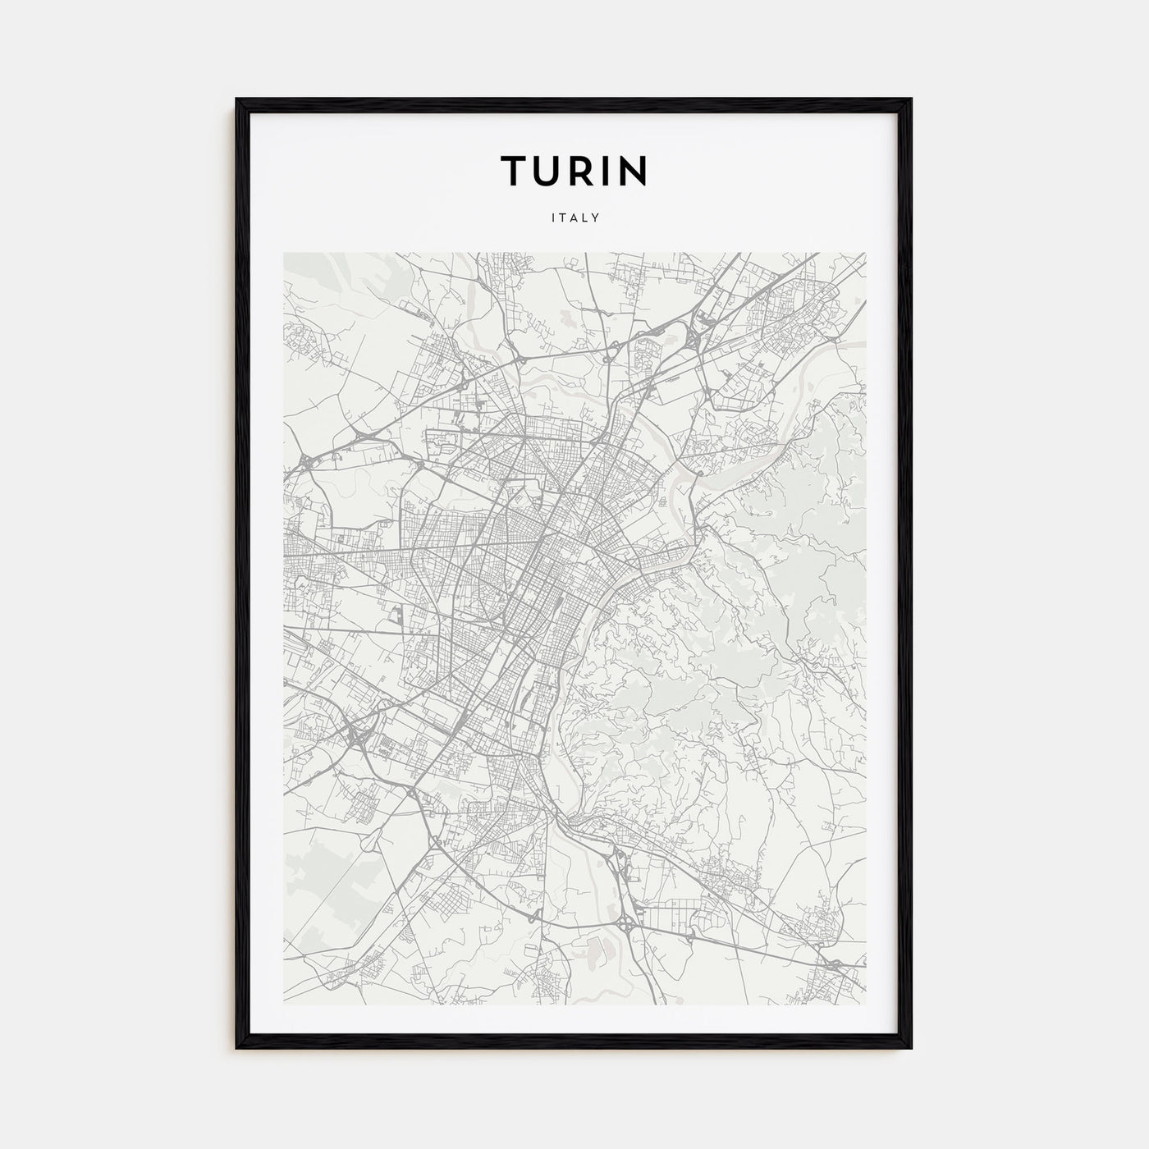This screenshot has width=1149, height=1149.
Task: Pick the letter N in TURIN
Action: (634, 171)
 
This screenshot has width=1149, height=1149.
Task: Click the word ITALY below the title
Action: (574, 218)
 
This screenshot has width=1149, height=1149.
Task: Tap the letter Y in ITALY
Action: (597, 218)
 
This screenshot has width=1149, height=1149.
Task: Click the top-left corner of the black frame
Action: (238, 100)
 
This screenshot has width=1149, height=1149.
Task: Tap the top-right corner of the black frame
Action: (910, 100)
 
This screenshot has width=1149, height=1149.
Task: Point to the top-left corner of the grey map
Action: (284, 253)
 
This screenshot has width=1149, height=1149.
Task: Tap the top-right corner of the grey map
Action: (866, 253)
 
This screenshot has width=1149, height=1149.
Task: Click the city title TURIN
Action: (574, 171)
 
